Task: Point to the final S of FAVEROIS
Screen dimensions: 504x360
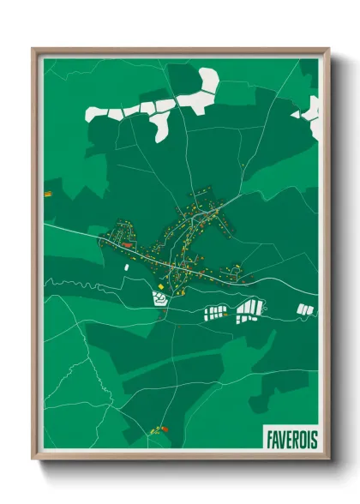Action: point(313,441)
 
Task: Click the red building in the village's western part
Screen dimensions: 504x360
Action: point(129,245)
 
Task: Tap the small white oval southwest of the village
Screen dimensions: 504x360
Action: point(126,267)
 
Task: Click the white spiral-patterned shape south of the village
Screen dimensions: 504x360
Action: point(160,298)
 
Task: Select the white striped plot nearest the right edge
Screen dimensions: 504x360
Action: point(303,309)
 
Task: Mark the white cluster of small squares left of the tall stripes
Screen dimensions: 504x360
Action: point(216,311)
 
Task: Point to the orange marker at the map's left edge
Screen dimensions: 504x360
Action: point(48,195)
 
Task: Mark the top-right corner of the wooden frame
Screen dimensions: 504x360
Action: point(328,50)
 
